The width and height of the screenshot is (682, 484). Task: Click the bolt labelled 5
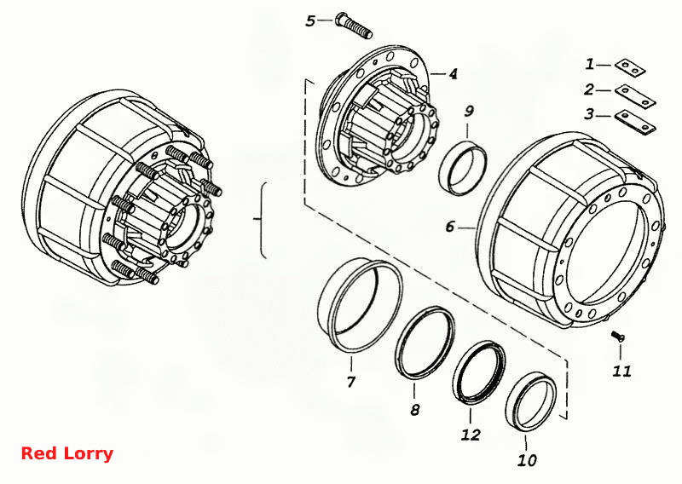[x=354, y=26]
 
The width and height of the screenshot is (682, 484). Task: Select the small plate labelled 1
[x=630, y=67]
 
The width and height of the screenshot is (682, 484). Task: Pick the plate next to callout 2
[x=635, y=95]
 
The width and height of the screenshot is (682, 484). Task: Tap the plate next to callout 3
[x=635, y=121]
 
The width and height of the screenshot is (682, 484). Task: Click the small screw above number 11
[x=617, y=336]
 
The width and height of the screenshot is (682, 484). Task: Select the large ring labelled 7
[x=360, y=304]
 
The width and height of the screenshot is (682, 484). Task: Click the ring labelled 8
[x=425, y=343]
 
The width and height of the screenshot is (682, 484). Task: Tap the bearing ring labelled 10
[x=531, y=402]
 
